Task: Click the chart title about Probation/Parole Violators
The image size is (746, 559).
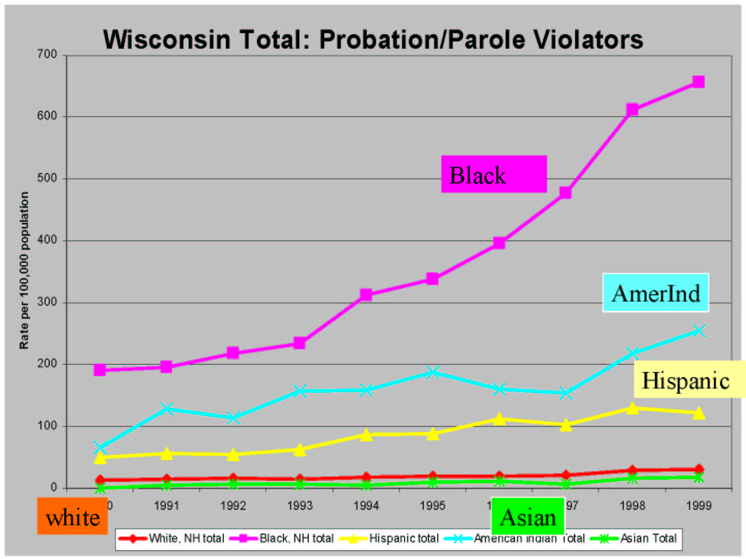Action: point(373,39)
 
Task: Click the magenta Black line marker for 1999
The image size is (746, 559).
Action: point(698,82)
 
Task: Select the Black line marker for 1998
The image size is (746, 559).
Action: point(632,109)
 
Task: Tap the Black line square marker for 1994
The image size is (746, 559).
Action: point(366,295)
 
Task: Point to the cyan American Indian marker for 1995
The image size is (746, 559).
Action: point(433,372)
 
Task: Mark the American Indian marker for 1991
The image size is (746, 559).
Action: point(166,409)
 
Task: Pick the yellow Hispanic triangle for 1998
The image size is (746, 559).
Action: point(632,408)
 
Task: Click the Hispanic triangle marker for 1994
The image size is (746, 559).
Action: point(366,435)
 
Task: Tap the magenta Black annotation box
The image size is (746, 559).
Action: point(494,174)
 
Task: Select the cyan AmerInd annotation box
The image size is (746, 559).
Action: point(655,293)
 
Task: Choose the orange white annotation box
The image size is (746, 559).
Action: point(72,517)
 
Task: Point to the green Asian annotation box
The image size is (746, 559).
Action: point(527,517)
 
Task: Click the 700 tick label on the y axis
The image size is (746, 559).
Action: point(47,54)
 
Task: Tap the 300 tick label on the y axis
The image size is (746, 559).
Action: point(47,302)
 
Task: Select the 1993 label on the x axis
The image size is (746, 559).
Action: point(299,506)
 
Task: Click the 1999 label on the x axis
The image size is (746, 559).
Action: point(698,506)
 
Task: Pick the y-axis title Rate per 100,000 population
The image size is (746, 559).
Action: point(24,270)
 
